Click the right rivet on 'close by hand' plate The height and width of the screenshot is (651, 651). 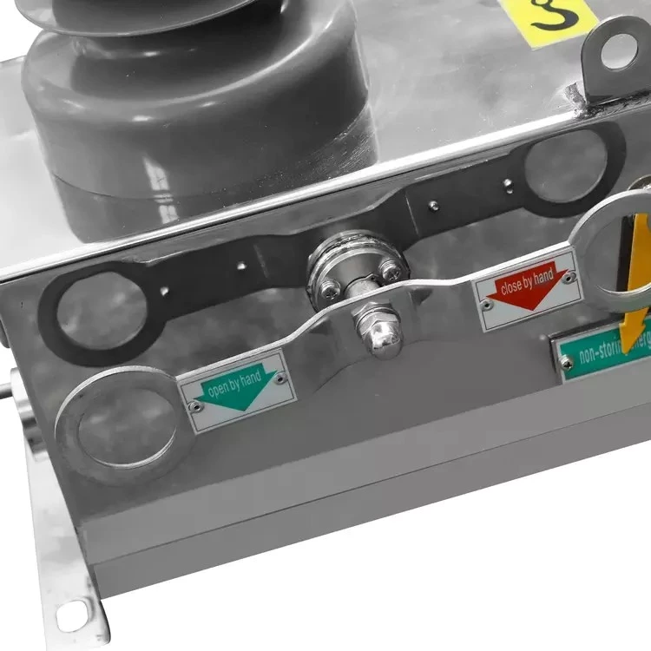point(569,279)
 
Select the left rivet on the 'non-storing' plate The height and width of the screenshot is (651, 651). point(567,364)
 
